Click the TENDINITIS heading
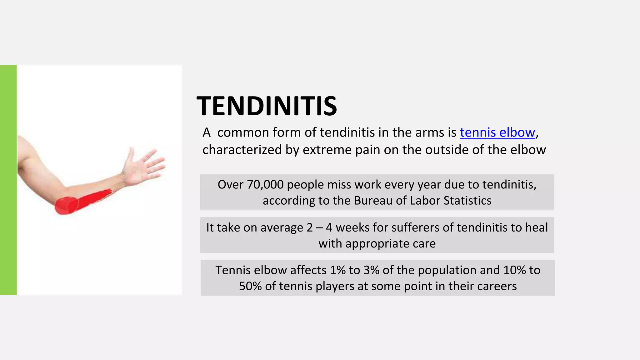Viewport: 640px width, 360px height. click(267, 106)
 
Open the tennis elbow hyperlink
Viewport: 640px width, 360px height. click(497, 133)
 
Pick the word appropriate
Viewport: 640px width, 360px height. click(369, 244)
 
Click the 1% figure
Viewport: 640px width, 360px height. click(337, 270)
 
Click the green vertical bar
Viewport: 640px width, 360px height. click(8, 180)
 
